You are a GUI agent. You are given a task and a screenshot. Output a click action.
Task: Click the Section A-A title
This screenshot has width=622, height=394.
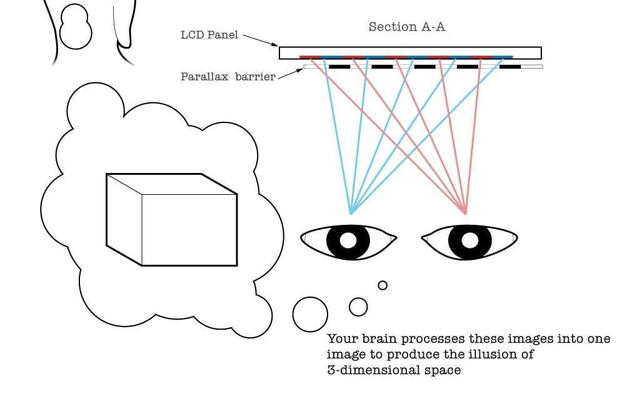[x=407, y=27]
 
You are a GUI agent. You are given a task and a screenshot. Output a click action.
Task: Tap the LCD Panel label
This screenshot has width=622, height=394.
[x=209, y=35]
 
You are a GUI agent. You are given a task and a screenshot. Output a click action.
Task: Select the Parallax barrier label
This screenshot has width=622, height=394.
[x=228, y=77]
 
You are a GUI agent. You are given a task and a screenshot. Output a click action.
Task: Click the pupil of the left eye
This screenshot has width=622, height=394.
[x=349, y=240]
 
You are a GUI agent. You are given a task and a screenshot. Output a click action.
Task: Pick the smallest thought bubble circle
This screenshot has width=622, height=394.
[x=383, y=285]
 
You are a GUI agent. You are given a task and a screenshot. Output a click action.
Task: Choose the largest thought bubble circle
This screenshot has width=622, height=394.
[x=310, y=314]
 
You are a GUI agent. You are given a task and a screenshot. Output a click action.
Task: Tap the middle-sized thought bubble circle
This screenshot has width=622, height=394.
[x=358, y=306]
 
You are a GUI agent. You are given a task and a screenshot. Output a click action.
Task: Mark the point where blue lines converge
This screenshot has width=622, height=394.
[x=351, y=214]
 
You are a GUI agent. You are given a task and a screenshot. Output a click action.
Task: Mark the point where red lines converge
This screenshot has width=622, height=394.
[x=466, y=213]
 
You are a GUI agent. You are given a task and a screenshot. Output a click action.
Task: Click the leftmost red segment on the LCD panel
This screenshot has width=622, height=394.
[x=310, y=57]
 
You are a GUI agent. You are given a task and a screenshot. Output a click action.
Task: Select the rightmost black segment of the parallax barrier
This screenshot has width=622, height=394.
[x=510, y=66]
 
